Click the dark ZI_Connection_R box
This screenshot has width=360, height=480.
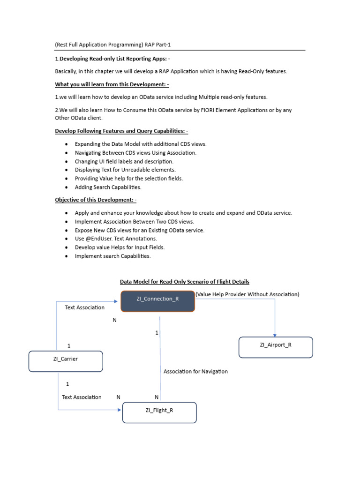157,301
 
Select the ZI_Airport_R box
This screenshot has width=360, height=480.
276,347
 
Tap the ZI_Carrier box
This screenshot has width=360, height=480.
66,361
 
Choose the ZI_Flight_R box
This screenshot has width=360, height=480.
159,412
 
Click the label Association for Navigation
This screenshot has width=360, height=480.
195,371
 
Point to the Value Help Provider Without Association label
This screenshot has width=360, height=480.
247,294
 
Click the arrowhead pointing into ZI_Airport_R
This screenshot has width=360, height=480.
275,334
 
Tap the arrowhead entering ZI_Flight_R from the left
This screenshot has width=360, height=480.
120,410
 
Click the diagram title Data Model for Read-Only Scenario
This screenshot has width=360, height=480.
185,282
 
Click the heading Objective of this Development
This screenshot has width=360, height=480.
96,200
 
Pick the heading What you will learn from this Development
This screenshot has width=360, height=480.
112,84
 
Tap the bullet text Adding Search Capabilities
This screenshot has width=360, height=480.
108,187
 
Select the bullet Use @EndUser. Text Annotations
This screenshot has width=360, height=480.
116,239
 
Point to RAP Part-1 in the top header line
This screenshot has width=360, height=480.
160,45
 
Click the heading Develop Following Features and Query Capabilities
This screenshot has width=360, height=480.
121,131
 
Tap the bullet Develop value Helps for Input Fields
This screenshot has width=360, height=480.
120,247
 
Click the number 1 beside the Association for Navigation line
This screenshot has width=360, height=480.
157,333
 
